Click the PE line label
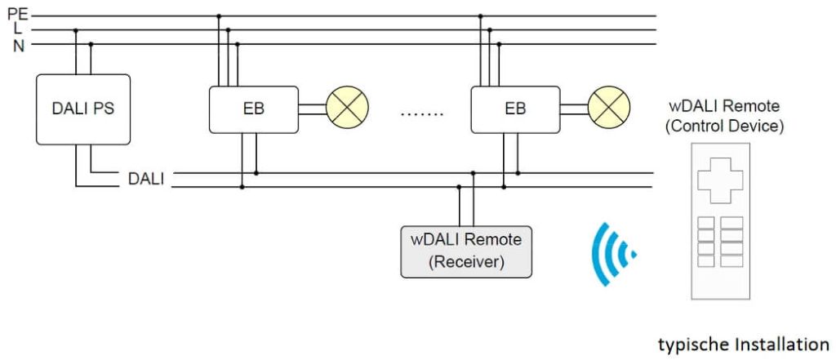pyautogui.click(x=17, y=14)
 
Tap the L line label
pyautogui.click(x=18, y=29)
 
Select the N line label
pyautogui.click(x=18, y=45)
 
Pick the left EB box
pyautogui.click(x=254, y=109)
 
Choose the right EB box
pyautogui.click(x=515, y=109)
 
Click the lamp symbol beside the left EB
pyautogui.click(x=348, y=109)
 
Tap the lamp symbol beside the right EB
pyautogui.click(x=609, y=109)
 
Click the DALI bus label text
pyautogui.click(x=146, y=180)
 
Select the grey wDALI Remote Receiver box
pyautogui.click(x=466, y=251)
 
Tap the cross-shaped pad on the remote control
pyautogui.click(x=720, y=180)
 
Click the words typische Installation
pyautogui.click(x=744, y=344)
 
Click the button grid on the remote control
pyautogui.click(x=720, y=242)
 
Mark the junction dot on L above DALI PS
pyautogui.click(x=76, y=30)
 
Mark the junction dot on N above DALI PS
pyautogui.click(x=91, y=45)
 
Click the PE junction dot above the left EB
pyautogui.click(x=219, y=16)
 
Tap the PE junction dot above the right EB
pyautogui.click(x=480, y=16)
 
